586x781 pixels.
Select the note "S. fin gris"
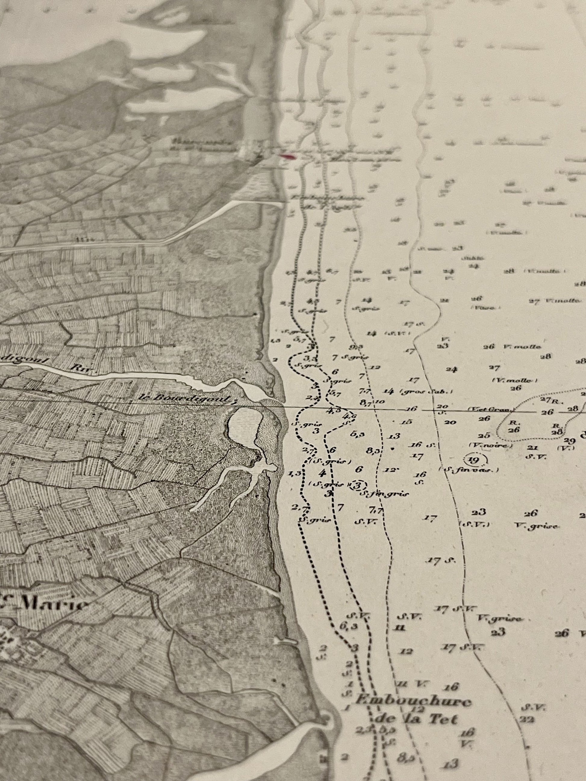click(x=384, y=494)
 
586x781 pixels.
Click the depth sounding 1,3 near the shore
click(x=294, y=473)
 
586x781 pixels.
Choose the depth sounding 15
click(x=407, y=422)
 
